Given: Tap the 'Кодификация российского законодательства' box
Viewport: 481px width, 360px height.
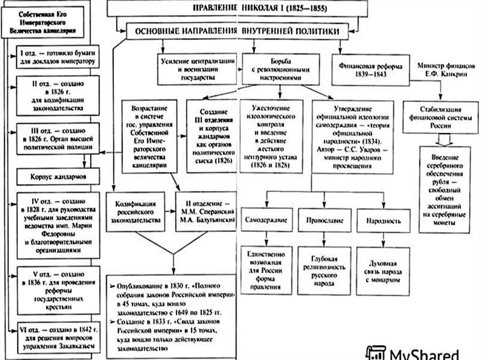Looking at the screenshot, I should tap(136, 212).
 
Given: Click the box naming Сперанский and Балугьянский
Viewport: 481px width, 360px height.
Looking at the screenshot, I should tap(205, 212).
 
